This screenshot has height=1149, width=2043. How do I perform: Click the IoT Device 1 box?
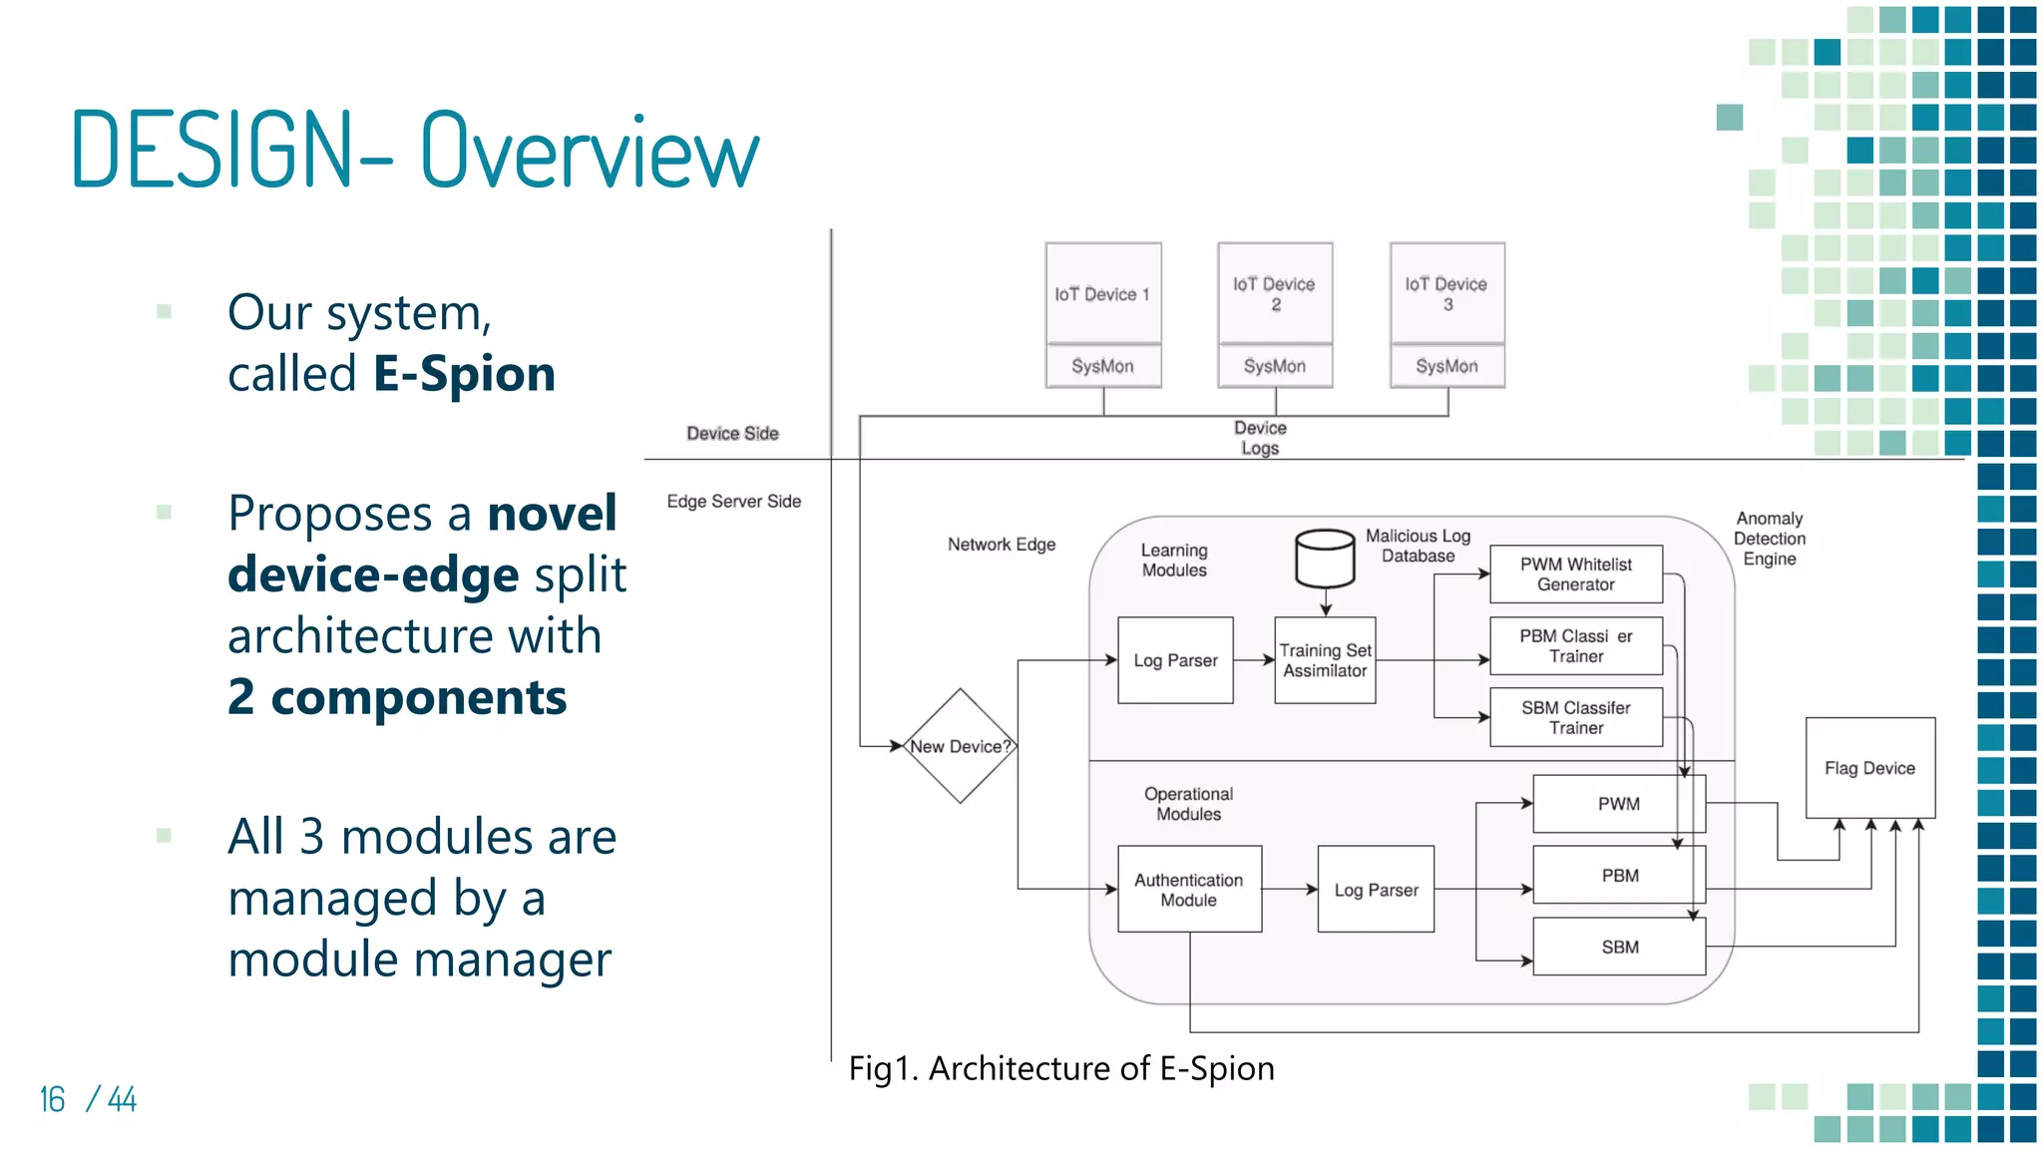tap(1102, 293)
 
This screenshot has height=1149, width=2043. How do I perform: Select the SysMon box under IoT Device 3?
tap(1446, 366)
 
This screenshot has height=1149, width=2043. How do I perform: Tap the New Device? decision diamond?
tap(960, 746)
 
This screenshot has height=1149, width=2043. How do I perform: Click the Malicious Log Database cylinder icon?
tap(1324, 559)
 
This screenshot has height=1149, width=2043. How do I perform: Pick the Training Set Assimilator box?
tap(1325, 660)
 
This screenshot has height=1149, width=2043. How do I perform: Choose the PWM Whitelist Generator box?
tap(1575, 574)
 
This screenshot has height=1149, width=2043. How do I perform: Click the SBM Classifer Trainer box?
tap(1575, 717)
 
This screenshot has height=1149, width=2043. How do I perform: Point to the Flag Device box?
tap(1869, 768)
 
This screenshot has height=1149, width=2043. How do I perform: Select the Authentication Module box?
tap(1188, 890)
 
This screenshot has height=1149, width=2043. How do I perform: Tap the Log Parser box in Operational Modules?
tap(1376, 890)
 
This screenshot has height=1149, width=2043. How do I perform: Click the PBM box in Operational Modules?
tap(1619, 875)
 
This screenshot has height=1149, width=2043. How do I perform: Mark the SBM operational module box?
tap(1619, 947)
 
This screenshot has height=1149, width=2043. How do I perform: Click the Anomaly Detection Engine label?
tap(1769, 539)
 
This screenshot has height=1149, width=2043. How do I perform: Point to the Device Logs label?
tap(1260, 438)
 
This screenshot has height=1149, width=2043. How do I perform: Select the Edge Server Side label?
tap(733, 501)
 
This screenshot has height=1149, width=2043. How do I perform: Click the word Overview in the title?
tap(589, 152)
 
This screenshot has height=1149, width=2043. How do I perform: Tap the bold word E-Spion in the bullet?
tap(464, 374)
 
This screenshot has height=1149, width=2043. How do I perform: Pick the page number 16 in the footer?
tap(52, 1099)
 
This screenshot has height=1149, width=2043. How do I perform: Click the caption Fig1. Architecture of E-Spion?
tap(1060, 1068)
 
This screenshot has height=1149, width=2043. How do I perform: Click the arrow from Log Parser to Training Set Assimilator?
tap(1254, 660)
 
